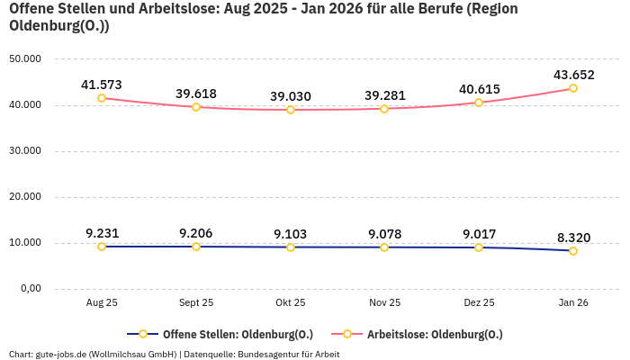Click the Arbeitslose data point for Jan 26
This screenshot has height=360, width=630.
(x=573, y=88)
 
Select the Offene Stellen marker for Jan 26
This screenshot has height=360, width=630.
(x=573, y=251)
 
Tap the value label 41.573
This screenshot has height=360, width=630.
(x=102, y=85)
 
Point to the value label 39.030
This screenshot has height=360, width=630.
(x=290, y=96)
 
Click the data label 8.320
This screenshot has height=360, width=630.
(x=573, y=238)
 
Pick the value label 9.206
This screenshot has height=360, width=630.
(x=196, y=233)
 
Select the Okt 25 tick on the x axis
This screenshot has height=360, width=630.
(x=290, y=303)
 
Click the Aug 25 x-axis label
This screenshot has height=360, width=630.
(x=102, y=303)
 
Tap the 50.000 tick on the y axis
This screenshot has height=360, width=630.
(x=25, y=58)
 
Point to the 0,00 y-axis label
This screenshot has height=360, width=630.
(x=31, y=289)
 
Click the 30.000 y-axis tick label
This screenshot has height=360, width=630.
(x=25, y=151)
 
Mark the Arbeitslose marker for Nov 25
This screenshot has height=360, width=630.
(x=384, y=109)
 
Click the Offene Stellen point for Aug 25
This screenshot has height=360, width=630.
(x=102, y=247)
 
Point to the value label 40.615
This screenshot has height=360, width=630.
(x=479, y=89)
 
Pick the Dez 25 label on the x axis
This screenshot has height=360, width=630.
(x=479, y=303)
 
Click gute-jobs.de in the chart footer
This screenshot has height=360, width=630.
(x=61, y=354)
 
